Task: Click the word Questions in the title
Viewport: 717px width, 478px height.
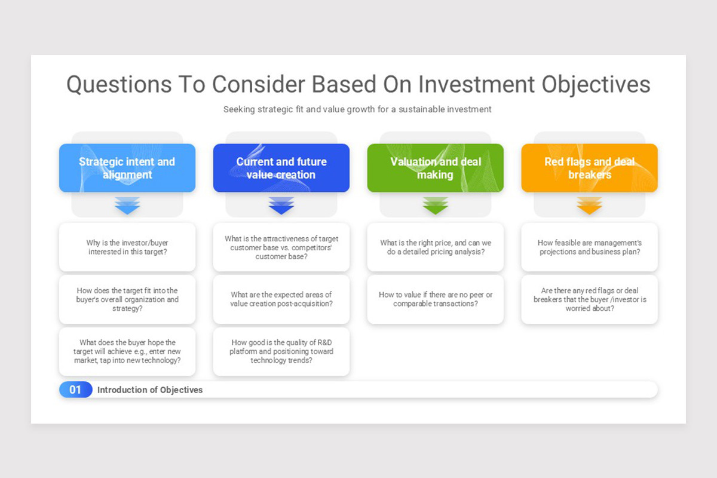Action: (x=119, y=85)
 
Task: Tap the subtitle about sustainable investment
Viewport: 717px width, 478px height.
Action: (x=357, y=109)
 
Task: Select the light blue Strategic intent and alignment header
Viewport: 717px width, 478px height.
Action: (x=127, y=168)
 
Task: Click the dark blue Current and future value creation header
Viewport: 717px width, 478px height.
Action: (x=281, y=168)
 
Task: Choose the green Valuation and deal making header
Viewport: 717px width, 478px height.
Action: (x=436, y=168)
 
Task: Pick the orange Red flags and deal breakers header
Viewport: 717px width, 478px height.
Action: (x=590, y=168)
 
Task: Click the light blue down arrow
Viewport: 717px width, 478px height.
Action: (x=127, y=206)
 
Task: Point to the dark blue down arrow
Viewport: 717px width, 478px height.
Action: (x=281, y=206)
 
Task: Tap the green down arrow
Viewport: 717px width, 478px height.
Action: (x=436, y=206)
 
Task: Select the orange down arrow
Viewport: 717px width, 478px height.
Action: (x=590, y=206)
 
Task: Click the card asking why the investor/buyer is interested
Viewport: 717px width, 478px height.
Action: (x=127, y=247)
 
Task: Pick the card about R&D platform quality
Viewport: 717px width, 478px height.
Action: (x=281, y=351)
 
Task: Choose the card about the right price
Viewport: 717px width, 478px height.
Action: (x=436, y=247)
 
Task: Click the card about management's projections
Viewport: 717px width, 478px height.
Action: (x=590, y=247)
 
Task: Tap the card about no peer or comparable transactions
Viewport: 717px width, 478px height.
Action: (x=436, y=299)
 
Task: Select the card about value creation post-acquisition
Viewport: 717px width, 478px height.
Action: (x=281, y=299)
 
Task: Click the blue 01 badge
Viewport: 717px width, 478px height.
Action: (x=75, y=390)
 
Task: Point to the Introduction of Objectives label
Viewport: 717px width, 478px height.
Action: (x=150, y=390)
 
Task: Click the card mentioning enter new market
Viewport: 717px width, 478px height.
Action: (x=127, y=351)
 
